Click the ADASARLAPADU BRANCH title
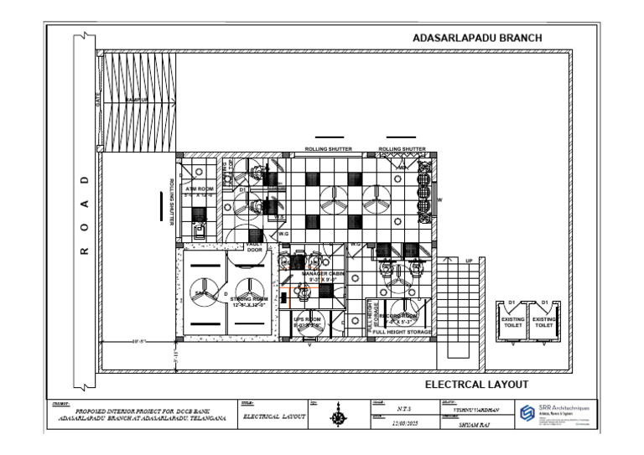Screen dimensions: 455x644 click(x=478, y=39)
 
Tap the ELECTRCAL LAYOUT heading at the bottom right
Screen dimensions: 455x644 click(x=476, y=385)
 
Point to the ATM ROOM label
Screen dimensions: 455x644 click(x=200, y=190)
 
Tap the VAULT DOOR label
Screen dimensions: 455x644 click(x=255, y=246)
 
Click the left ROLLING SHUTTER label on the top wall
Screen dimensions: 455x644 click(x=328, y=149)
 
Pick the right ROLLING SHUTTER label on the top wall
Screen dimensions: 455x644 click(x=402, y=149)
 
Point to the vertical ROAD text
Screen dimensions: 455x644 click(x=84, y=215)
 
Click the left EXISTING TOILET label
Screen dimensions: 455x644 click(x=512, y=322)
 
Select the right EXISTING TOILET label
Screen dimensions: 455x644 click(x=544, y=322)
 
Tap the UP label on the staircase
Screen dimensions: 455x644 click(x=469, y=261)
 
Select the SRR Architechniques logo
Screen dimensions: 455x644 click(x=527, y=412)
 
